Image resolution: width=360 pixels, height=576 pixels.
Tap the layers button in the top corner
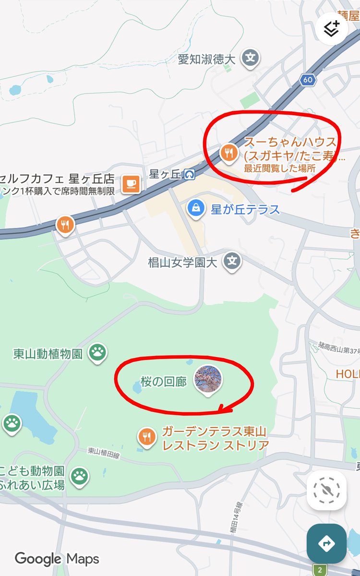pyautogui.click(x=331, y=29)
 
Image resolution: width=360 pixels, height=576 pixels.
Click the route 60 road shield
pyautogui.click(x=308, y=80)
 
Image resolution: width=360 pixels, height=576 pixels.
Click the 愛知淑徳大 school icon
pyautogui.click(x=250, y=59)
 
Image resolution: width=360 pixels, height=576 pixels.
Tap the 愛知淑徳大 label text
pyautogui.click(x=206, y=59)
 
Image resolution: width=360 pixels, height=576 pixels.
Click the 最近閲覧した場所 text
pyautogui.click(x=280, y=168)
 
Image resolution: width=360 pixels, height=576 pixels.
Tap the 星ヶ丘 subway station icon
pyautogui.click(x=190, y=174)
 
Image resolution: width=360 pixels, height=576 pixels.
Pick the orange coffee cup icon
pyautogui.click(x=131, y=183)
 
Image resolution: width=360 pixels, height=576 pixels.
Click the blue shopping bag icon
pyautogui.click(x=196, y=208)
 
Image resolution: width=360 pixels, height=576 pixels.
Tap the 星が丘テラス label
pyautogui.click(x=245, y=210)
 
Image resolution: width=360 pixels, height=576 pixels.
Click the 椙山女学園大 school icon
pyautogui.click(x=233, y=262)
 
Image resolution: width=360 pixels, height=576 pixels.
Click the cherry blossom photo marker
pyautogui.click(x=207, y=379)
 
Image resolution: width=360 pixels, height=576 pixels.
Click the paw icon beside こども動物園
pyautogui.click(x=80, y=476)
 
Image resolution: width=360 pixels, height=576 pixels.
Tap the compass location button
pyautogui.click(x=326, y=490)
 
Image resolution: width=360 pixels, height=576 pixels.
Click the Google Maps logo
pyautogui.click(x=57, y=559)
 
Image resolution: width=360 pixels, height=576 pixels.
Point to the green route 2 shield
pyautogui.click(x=321, y=570)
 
